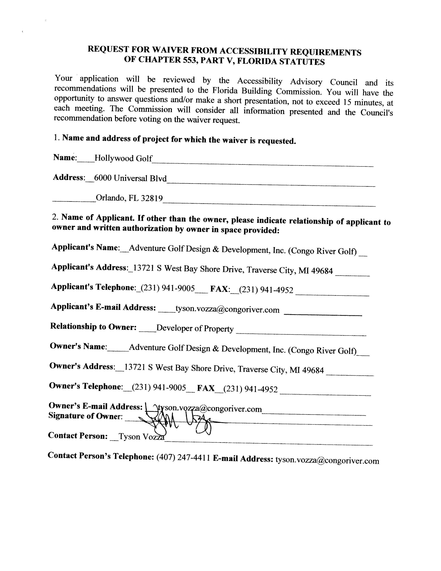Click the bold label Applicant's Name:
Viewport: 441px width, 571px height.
tap(86, 247)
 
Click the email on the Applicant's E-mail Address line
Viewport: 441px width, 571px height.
tap(227, 310)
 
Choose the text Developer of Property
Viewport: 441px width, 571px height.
tap(195, 328)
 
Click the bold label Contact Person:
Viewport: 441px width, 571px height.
tap(78, 436)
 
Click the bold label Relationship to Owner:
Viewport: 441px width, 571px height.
tap(93, 327)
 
